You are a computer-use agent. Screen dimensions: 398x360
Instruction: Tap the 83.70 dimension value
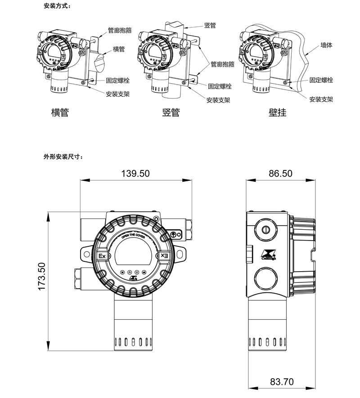tap(282, 382)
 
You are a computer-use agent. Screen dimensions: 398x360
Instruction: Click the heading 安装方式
tap(57, 6)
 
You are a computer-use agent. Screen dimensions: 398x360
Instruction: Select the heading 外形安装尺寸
tap(63, 157)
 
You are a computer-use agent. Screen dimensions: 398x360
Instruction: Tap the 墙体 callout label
tap(326, 45)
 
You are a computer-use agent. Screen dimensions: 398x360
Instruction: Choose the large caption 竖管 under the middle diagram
tap(171, 112)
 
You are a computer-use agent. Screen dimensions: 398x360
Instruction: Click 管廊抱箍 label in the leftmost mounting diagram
tap(120, 31)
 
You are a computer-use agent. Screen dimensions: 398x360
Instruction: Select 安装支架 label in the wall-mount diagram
tap(321, 99)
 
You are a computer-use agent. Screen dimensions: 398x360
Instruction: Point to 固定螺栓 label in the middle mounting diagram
tap(220, 86)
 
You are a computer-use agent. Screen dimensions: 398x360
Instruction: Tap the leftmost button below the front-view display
tap(122, 272)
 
